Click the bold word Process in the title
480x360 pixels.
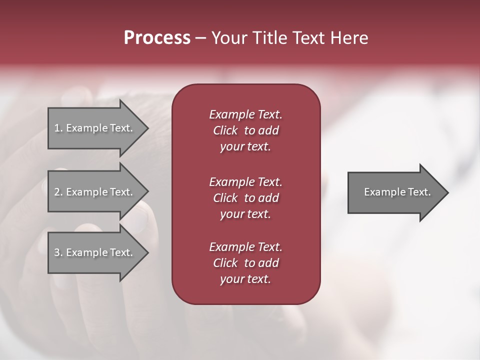(157, 38)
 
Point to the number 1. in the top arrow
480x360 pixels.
(58, 128)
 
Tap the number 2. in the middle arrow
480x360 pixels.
(58, 192)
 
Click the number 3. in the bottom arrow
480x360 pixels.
(58, 252)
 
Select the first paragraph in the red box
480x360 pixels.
(245, 130)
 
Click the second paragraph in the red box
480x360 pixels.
(245, 198)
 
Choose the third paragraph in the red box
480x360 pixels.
(245, 263)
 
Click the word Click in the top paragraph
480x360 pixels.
(225, 130)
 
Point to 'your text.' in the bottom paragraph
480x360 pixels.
(245, 279)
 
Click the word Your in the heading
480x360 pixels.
(228, 38)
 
